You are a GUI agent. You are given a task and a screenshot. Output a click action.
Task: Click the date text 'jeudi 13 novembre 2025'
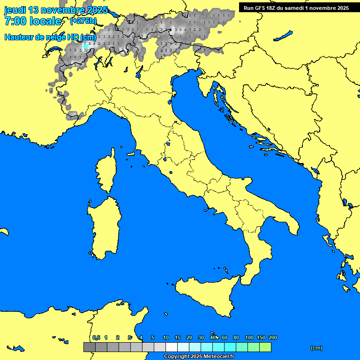[56, 10]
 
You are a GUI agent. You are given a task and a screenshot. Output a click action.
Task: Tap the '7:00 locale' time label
[33, 21]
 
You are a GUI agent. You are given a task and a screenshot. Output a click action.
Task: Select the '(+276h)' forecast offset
[83, 21]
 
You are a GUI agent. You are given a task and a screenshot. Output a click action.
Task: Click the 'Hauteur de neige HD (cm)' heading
[50, 37]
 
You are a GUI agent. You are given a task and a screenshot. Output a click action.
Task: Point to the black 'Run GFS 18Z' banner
[296, 7]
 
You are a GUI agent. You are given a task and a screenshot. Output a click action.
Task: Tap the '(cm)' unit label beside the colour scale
[316, 348]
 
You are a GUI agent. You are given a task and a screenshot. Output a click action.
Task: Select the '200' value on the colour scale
[273, 337]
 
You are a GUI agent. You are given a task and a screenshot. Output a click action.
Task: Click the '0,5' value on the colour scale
[96, 337]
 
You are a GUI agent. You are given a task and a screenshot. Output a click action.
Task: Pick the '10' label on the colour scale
[166, 337]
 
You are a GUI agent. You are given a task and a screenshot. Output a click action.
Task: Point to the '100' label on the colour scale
[249, 337]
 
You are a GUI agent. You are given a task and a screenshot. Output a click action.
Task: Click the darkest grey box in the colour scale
[89, 347]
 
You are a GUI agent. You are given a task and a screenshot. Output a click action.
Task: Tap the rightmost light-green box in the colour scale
[265, 347]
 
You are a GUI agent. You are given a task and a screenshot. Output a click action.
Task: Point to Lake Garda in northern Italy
[139, 71]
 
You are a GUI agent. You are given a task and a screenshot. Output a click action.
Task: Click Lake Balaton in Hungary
[283, 36]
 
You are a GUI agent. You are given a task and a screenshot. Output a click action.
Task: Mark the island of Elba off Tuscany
[131, 153]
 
